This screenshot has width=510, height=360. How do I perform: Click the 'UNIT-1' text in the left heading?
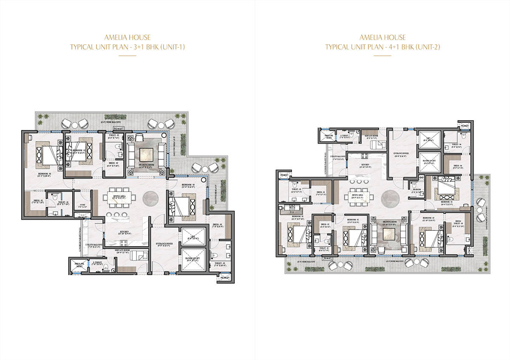pyautogui.click(x=173, y=47)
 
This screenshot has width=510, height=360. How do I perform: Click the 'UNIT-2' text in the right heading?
pyautogui.click(x=428, y=47)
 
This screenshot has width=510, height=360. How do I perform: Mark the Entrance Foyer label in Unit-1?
pyautogui.click(x=163, y=245)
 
